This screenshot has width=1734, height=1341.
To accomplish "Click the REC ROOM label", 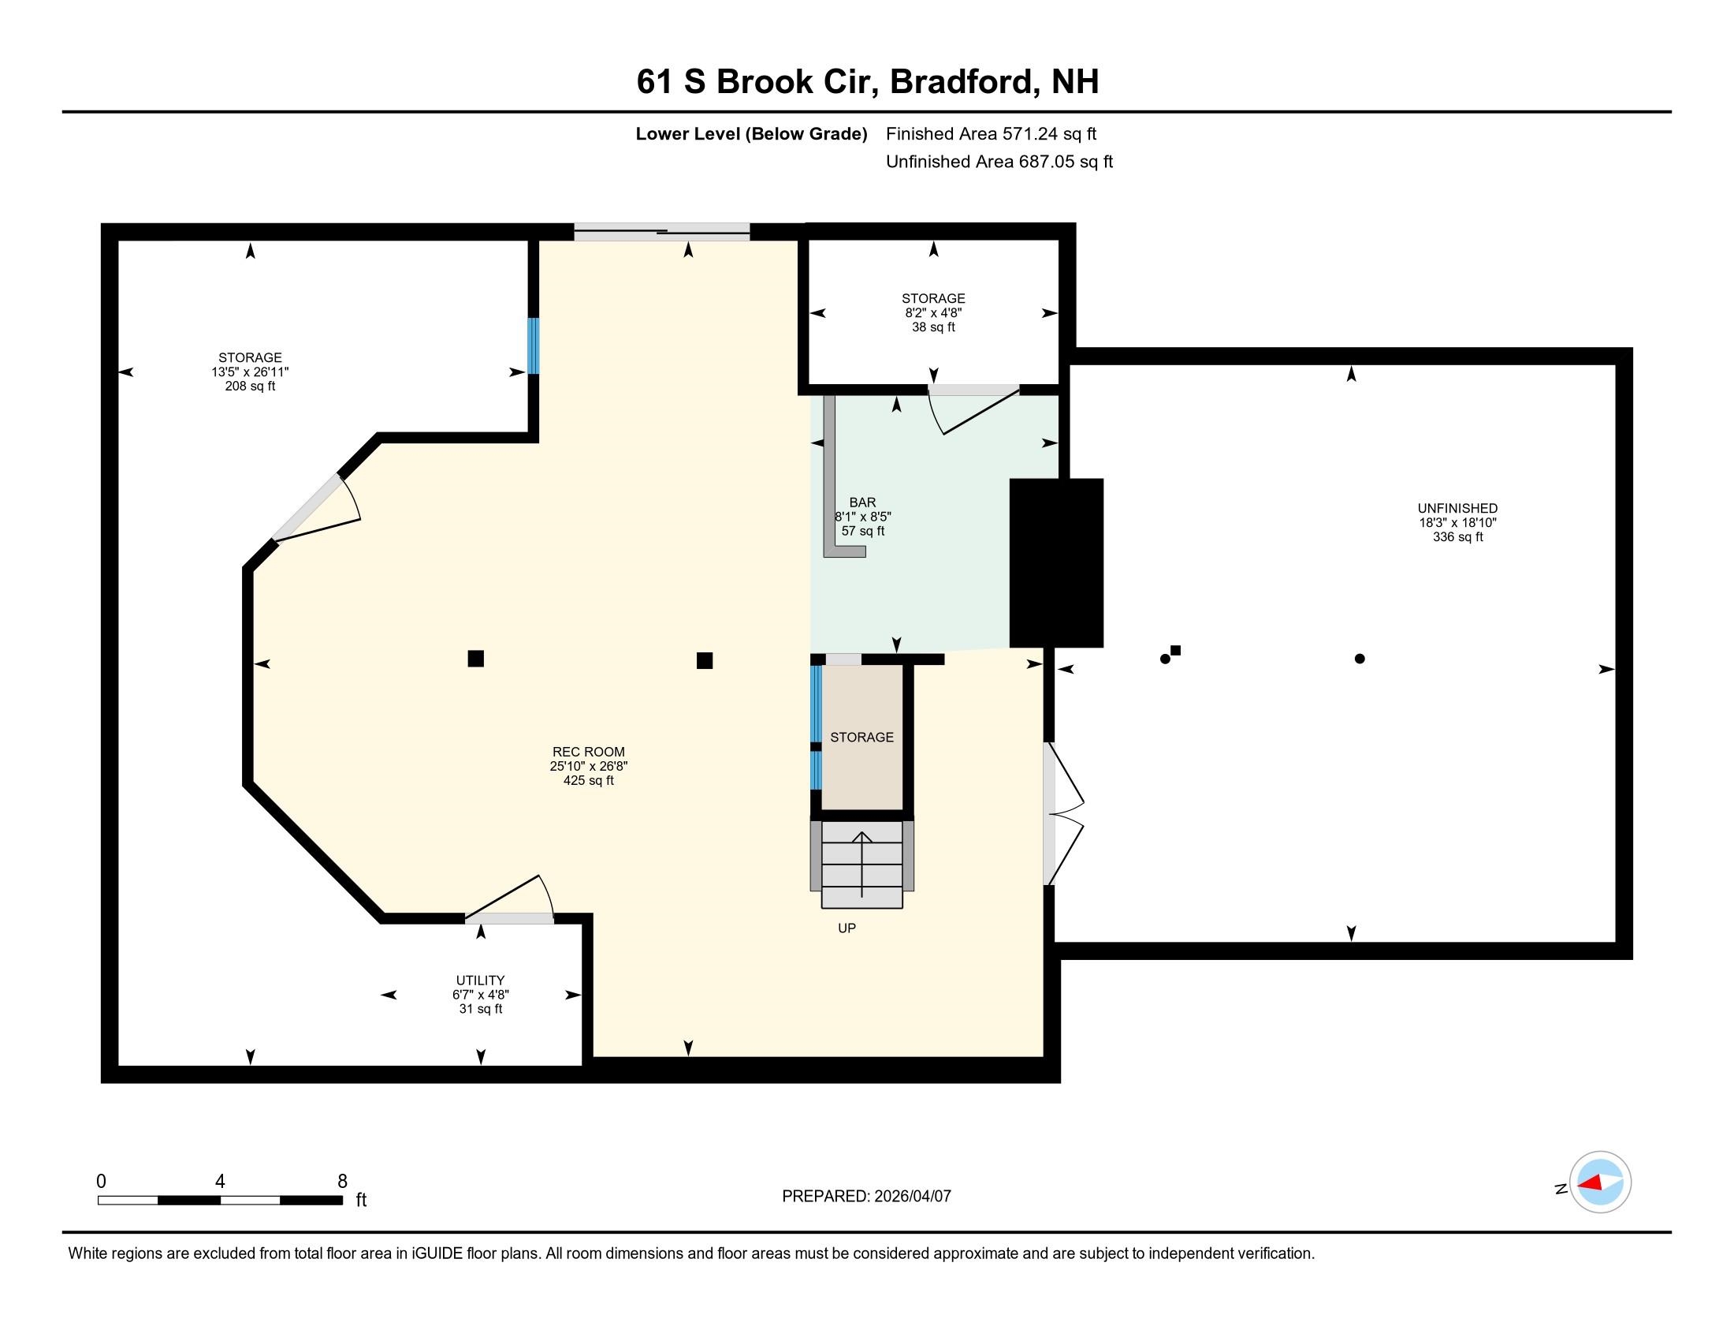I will pyautogui.click(x=588, y=752).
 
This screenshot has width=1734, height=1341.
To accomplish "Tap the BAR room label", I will pyautogui.click(x=862, y=502).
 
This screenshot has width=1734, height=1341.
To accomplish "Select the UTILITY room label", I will pyautogui.click(x=480, y=981).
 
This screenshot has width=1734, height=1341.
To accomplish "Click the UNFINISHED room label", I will pyautogui.click(x=1457, y=509).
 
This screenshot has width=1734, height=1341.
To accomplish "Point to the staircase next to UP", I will pyautogui.click(x=862, y=865).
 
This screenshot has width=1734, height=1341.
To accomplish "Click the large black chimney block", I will pyautogui.click(x=1056, y=562).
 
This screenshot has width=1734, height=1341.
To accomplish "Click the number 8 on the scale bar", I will pyautogui.click(x=342, y=1182).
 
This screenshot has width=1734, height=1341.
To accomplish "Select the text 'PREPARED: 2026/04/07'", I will pyautogui.click(x=866, y=1197).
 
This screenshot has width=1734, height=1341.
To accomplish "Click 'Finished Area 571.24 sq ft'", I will pyautogui.click(x=991, y=134).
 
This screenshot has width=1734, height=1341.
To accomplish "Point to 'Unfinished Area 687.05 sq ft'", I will pyautogui.click(x=999, y=162).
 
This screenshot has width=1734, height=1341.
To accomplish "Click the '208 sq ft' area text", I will pyautogui.click(x=250, y=387).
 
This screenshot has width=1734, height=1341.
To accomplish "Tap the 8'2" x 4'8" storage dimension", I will pyautogui.click(x=933, y=313).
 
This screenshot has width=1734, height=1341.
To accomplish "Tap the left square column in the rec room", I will pyautogui.click(x=475, y=658).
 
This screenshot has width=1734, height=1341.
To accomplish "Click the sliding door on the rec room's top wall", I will pyautogui.click(x=661, y=233).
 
